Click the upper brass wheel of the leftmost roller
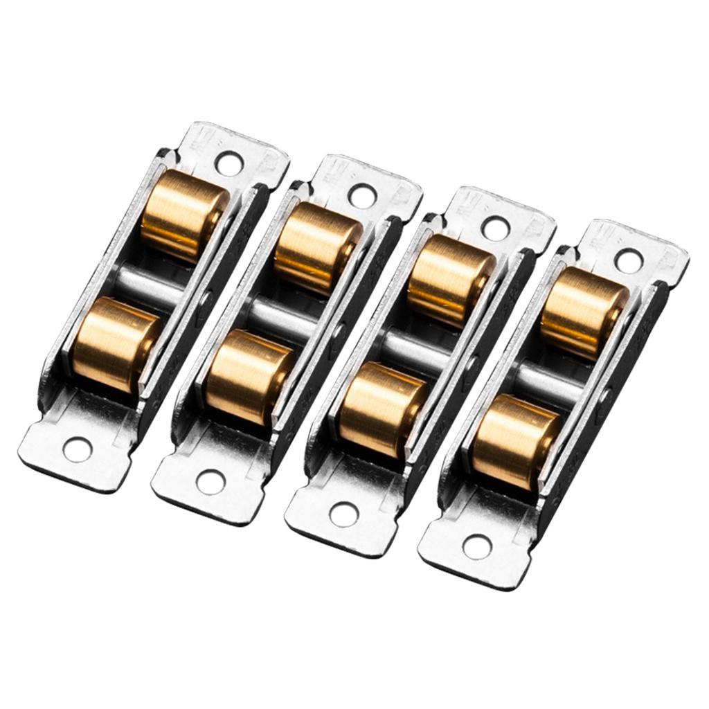point(183,215)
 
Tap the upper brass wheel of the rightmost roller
point(583,312)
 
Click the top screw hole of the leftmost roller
point(228,163)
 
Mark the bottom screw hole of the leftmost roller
point(77,450)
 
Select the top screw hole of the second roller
point(362,196)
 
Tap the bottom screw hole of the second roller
point(210,482)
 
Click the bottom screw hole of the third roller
point(344,514)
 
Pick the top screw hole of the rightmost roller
point(629,261)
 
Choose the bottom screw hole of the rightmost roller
point(477,546)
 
